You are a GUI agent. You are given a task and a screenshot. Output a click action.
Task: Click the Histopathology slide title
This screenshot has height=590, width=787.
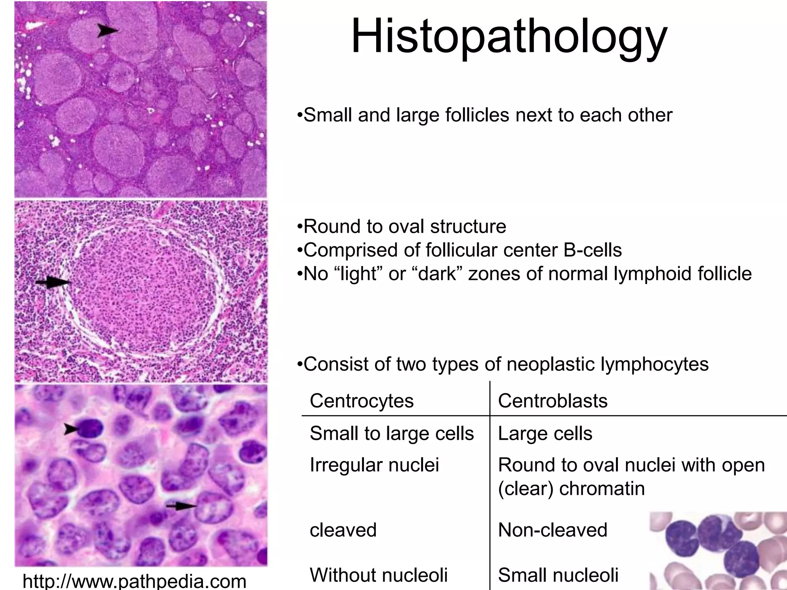509,36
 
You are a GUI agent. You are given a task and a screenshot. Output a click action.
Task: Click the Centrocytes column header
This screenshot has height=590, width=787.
362,401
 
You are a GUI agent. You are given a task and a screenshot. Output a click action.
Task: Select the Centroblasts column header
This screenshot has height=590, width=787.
553,401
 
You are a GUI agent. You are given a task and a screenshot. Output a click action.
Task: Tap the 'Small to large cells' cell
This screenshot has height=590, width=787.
392,434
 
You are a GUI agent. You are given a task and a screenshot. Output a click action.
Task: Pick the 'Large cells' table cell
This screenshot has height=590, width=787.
545,434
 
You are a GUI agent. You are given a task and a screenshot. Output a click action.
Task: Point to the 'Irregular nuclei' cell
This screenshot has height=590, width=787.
374,465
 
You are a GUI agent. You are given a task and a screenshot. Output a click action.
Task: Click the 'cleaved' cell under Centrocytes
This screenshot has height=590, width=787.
343,530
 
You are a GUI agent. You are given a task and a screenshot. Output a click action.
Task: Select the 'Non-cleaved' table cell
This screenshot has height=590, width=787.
553,530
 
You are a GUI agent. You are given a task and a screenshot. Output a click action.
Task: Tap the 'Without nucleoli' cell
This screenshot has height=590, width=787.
379,575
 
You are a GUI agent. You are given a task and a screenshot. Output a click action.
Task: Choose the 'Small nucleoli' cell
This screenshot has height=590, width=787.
558,575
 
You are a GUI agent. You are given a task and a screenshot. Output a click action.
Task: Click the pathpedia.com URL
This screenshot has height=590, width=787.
134,581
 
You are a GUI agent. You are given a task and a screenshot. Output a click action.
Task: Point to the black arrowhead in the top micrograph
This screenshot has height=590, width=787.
107,30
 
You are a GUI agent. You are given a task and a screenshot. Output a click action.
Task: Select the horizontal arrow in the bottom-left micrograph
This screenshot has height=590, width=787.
181,507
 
